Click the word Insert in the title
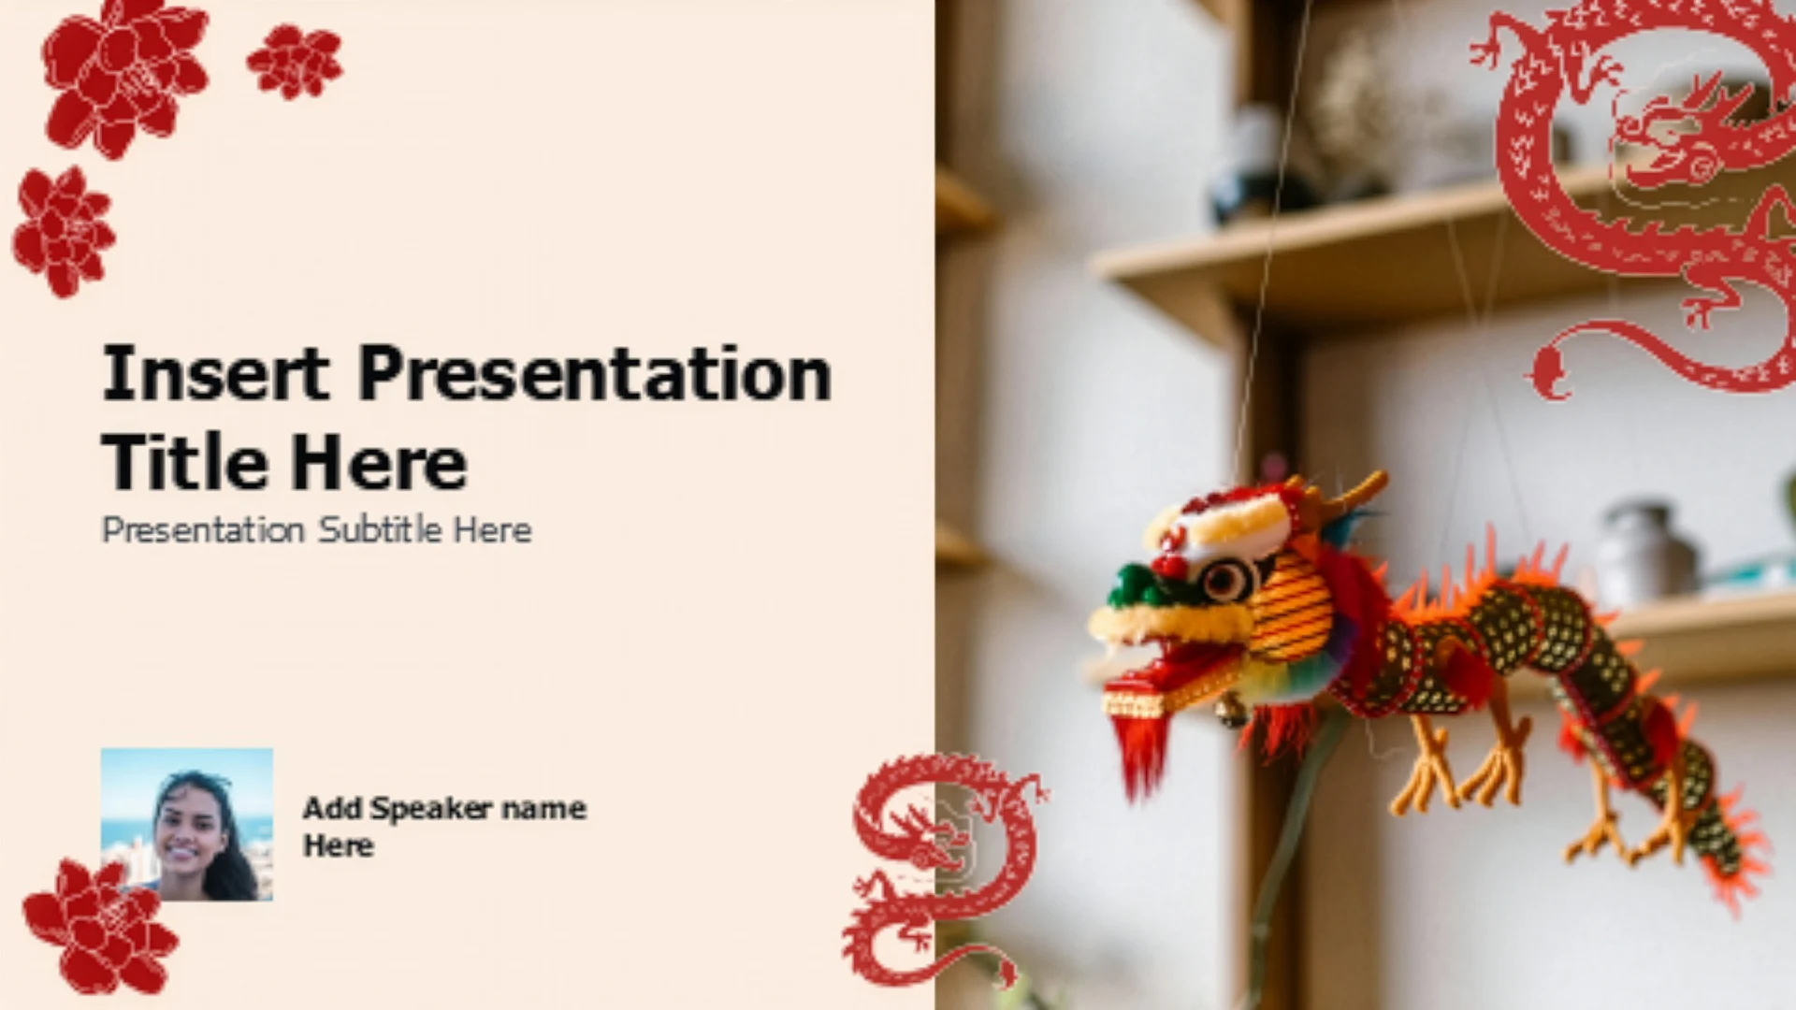(x=215, y=373)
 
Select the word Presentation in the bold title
(x=595, y=373)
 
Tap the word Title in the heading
(x=184, y=462)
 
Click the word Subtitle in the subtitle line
(x=380, y=530)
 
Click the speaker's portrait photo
(x=187, y=824)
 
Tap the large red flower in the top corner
(x=124, y=77)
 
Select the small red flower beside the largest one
(x=295, y=62)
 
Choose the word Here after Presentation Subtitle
(x=493, y=530)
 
